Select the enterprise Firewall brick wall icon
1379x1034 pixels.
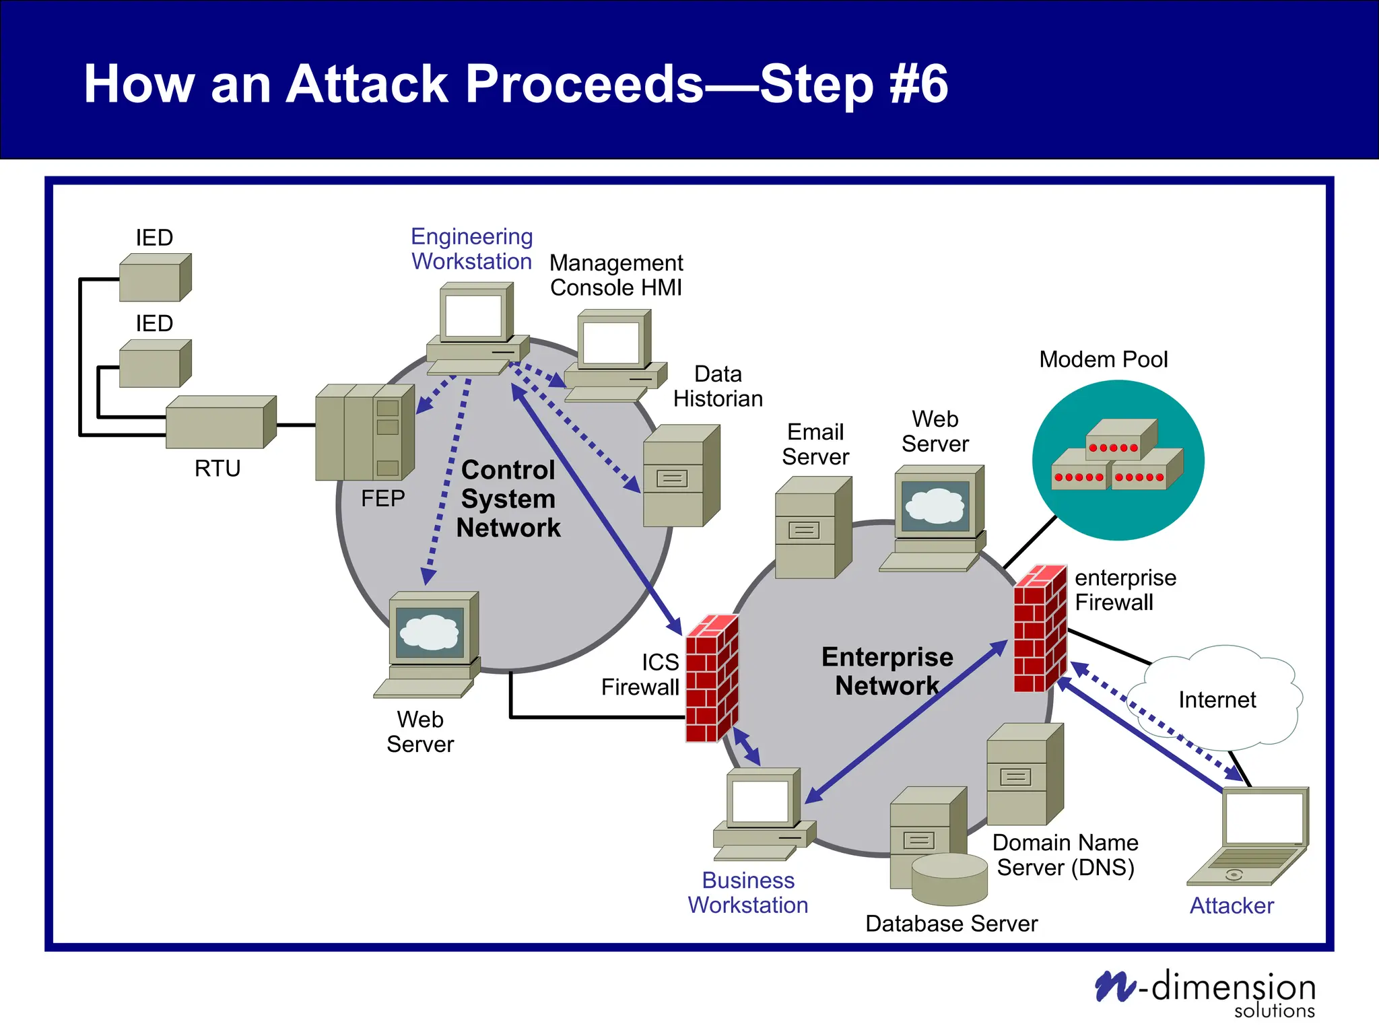[x=1040, y=629]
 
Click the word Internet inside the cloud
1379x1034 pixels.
[x=1217, y=700]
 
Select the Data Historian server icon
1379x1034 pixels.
[x=681, y=475]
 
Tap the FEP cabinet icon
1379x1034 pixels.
[x=364, y=432]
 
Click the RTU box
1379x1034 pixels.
[x=220, y=422]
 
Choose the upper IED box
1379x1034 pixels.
[x=155, y=277]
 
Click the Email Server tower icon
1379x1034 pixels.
[x=813, y=528]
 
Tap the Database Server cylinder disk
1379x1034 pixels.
[x=949, y=879]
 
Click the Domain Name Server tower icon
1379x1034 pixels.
[x=1024, y=774]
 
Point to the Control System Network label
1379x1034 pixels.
[x=508, y=499]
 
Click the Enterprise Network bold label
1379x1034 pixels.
[x=887, y=671]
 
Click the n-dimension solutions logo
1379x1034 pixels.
[x=1205, y=992]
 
